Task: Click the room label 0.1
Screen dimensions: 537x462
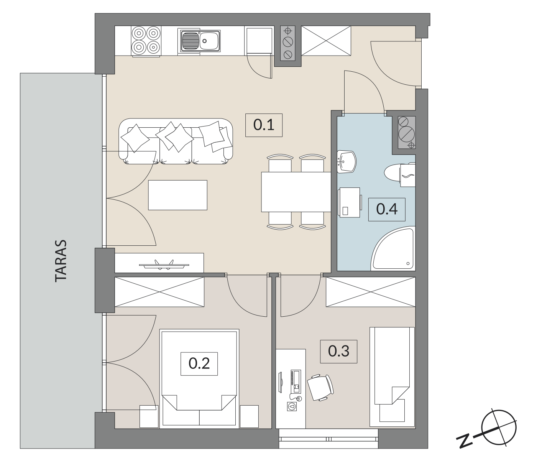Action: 264,125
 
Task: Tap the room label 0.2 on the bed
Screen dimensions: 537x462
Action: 199,363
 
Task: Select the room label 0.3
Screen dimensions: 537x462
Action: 338,351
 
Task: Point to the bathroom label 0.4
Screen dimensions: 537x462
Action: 387,209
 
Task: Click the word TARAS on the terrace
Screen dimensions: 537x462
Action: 61,261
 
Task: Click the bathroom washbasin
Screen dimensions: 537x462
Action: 346,162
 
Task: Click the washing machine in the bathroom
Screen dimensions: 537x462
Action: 350,202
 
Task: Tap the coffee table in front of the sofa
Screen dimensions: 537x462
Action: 178,195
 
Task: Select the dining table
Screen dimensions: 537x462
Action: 296,192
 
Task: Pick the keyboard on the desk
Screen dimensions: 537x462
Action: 296,381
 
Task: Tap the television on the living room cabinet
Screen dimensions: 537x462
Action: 164,265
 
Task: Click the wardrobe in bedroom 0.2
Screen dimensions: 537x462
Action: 159,292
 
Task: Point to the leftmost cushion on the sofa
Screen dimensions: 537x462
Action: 135,138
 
